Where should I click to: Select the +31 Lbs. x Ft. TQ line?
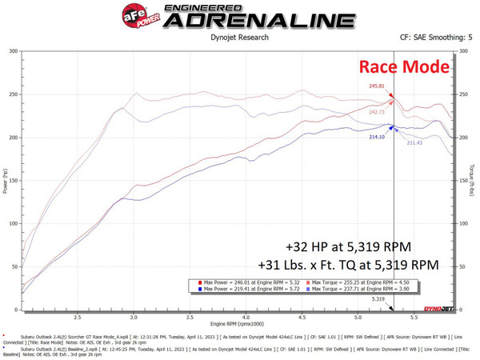[349, 264]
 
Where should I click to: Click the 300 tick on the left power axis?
[12, 51]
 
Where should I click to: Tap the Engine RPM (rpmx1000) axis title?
[239, 325]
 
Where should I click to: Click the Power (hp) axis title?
[5, 180]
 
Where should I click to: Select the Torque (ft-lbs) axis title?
[474, 180]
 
